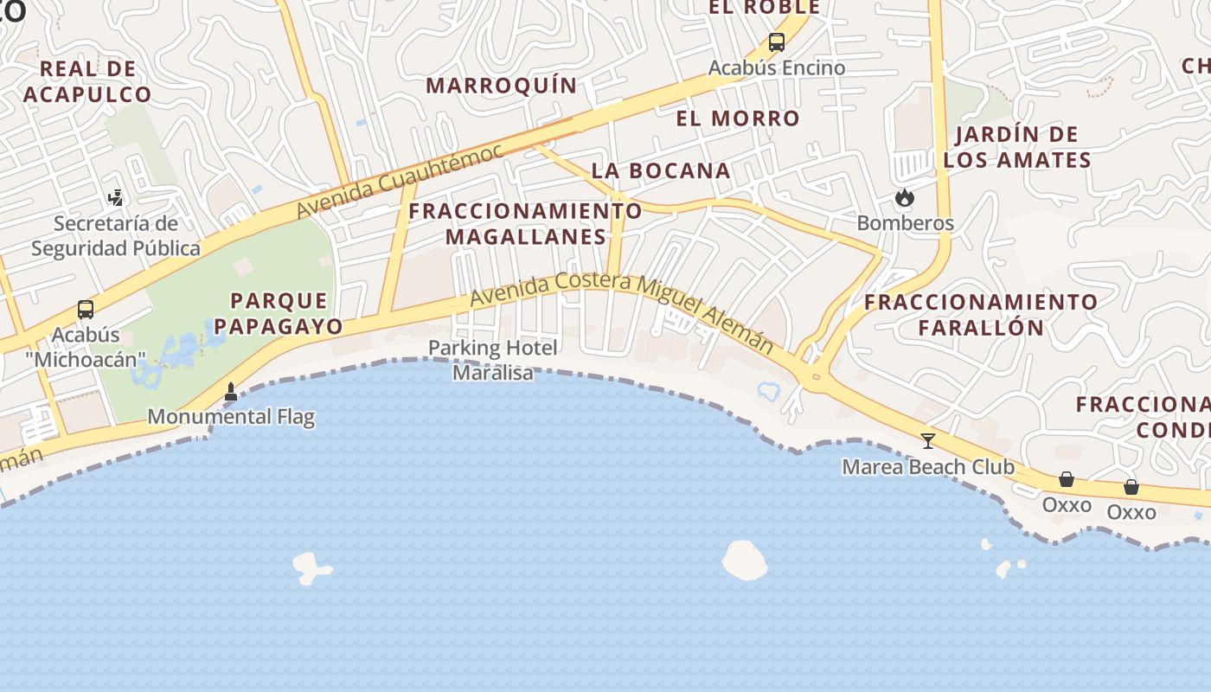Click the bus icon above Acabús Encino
point(776,42)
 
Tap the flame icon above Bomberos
point(905,198)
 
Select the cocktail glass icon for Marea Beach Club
point(928,440)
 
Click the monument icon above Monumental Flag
point(231,392)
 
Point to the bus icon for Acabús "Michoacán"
point(85,309)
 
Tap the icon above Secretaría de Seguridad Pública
point(115,198)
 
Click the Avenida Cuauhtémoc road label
point(399,182)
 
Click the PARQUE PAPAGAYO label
point(278,313)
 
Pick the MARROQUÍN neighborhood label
point(501,85)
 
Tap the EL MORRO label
point(738,119)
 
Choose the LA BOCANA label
point(661,170)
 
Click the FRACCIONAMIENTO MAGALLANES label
point(525,223)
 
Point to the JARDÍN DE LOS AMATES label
point(1017,147)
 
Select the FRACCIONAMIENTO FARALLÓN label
point(981,315)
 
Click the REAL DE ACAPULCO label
point(87,81)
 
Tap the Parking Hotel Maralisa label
point(493,360)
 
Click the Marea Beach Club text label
point(928,467)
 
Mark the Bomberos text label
point(905,223)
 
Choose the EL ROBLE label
point(764,8)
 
